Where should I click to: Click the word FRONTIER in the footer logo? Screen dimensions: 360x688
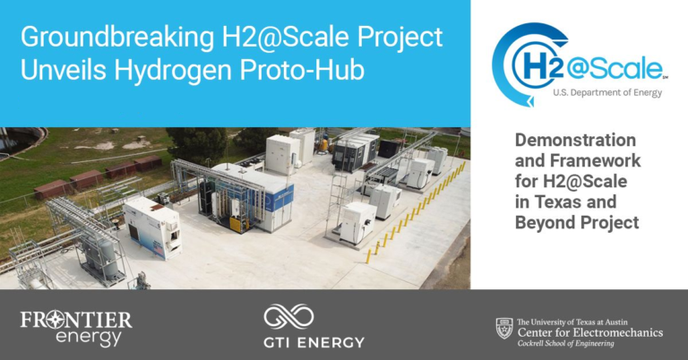75,319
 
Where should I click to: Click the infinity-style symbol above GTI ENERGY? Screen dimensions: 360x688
288,315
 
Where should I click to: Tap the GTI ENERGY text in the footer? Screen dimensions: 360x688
314,341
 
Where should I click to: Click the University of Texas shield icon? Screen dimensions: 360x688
504,328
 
